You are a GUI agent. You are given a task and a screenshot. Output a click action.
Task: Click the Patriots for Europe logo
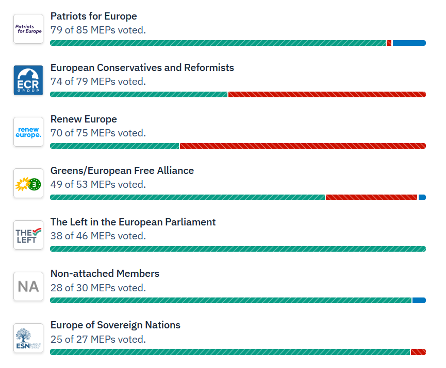coord(28,29)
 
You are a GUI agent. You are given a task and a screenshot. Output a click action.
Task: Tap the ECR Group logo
coord(28,80)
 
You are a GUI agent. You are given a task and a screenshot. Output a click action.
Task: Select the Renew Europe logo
coord(28,132)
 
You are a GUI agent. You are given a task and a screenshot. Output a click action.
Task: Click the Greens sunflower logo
coord(28,183)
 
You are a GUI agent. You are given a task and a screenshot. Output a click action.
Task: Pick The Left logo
coord(28,235)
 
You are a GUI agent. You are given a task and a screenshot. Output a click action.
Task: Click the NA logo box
coord(28,286)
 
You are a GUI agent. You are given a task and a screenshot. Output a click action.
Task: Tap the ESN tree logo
coord(28,338)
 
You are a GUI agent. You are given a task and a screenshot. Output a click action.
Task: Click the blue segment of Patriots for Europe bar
coord(409,43)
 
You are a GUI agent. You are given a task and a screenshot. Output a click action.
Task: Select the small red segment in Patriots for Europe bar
coord(389,43)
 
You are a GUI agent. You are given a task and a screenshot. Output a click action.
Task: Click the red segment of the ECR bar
coord(327,95)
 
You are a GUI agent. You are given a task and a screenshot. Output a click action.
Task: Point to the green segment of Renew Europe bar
coord(114,146)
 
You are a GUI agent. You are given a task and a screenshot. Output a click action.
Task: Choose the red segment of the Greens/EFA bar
coord(371,198)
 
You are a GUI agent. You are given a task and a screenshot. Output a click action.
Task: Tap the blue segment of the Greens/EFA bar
coord(422,198)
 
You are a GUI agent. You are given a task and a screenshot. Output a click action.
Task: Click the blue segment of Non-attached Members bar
coord(419,301)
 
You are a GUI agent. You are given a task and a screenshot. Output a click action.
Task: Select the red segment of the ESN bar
coord(418,352)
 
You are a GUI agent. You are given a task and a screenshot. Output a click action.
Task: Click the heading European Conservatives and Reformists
coord(142,68)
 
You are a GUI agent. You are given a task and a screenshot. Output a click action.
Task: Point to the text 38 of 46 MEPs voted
coord(98,236)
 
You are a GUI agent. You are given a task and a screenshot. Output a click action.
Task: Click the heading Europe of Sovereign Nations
coord(115,325)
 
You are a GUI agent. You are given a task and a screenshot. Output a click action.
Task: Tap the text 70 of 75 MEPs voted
coord(98,133)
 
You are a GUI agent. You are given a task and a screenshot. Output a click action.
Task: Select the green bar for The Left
coord(238,249)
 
